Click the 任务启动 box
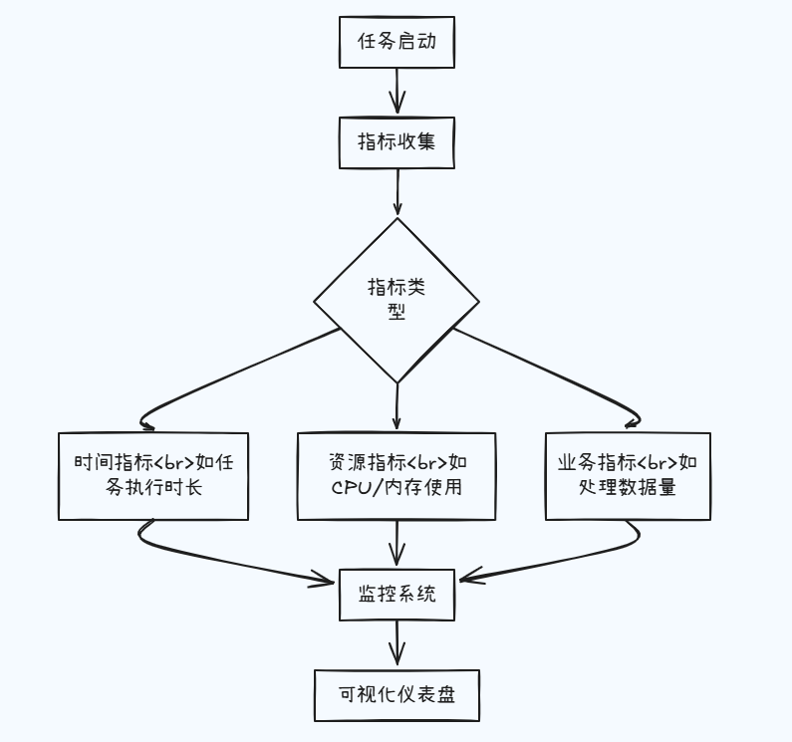click(x=396, y=43)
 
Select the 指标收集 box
click(x=396, y=142)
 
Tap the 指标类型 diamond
click(x=396, y=300)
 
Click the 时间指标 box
click(x=153, y=476)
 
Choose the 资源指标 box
click(x=396, y=476)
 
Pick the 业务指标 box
click(x=628, y=476)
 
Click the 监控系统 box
click(x=396, y=594)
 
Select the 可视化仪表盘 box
click(x=396, y=694)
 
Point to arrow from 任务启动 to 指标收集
click(x=396, y=92)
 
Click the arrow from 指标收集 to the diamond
click(x=397, y=191)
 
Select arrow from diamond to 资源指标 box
click(x=396, y=406)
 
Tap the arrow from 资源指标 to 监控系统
click(x=397, y=544)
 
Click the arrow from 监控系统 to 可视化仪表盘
click(x=397, y=642)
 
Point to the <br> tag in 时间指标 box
click(x=179, y=463)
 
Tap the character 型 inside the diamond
click(x=396, y=311)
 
